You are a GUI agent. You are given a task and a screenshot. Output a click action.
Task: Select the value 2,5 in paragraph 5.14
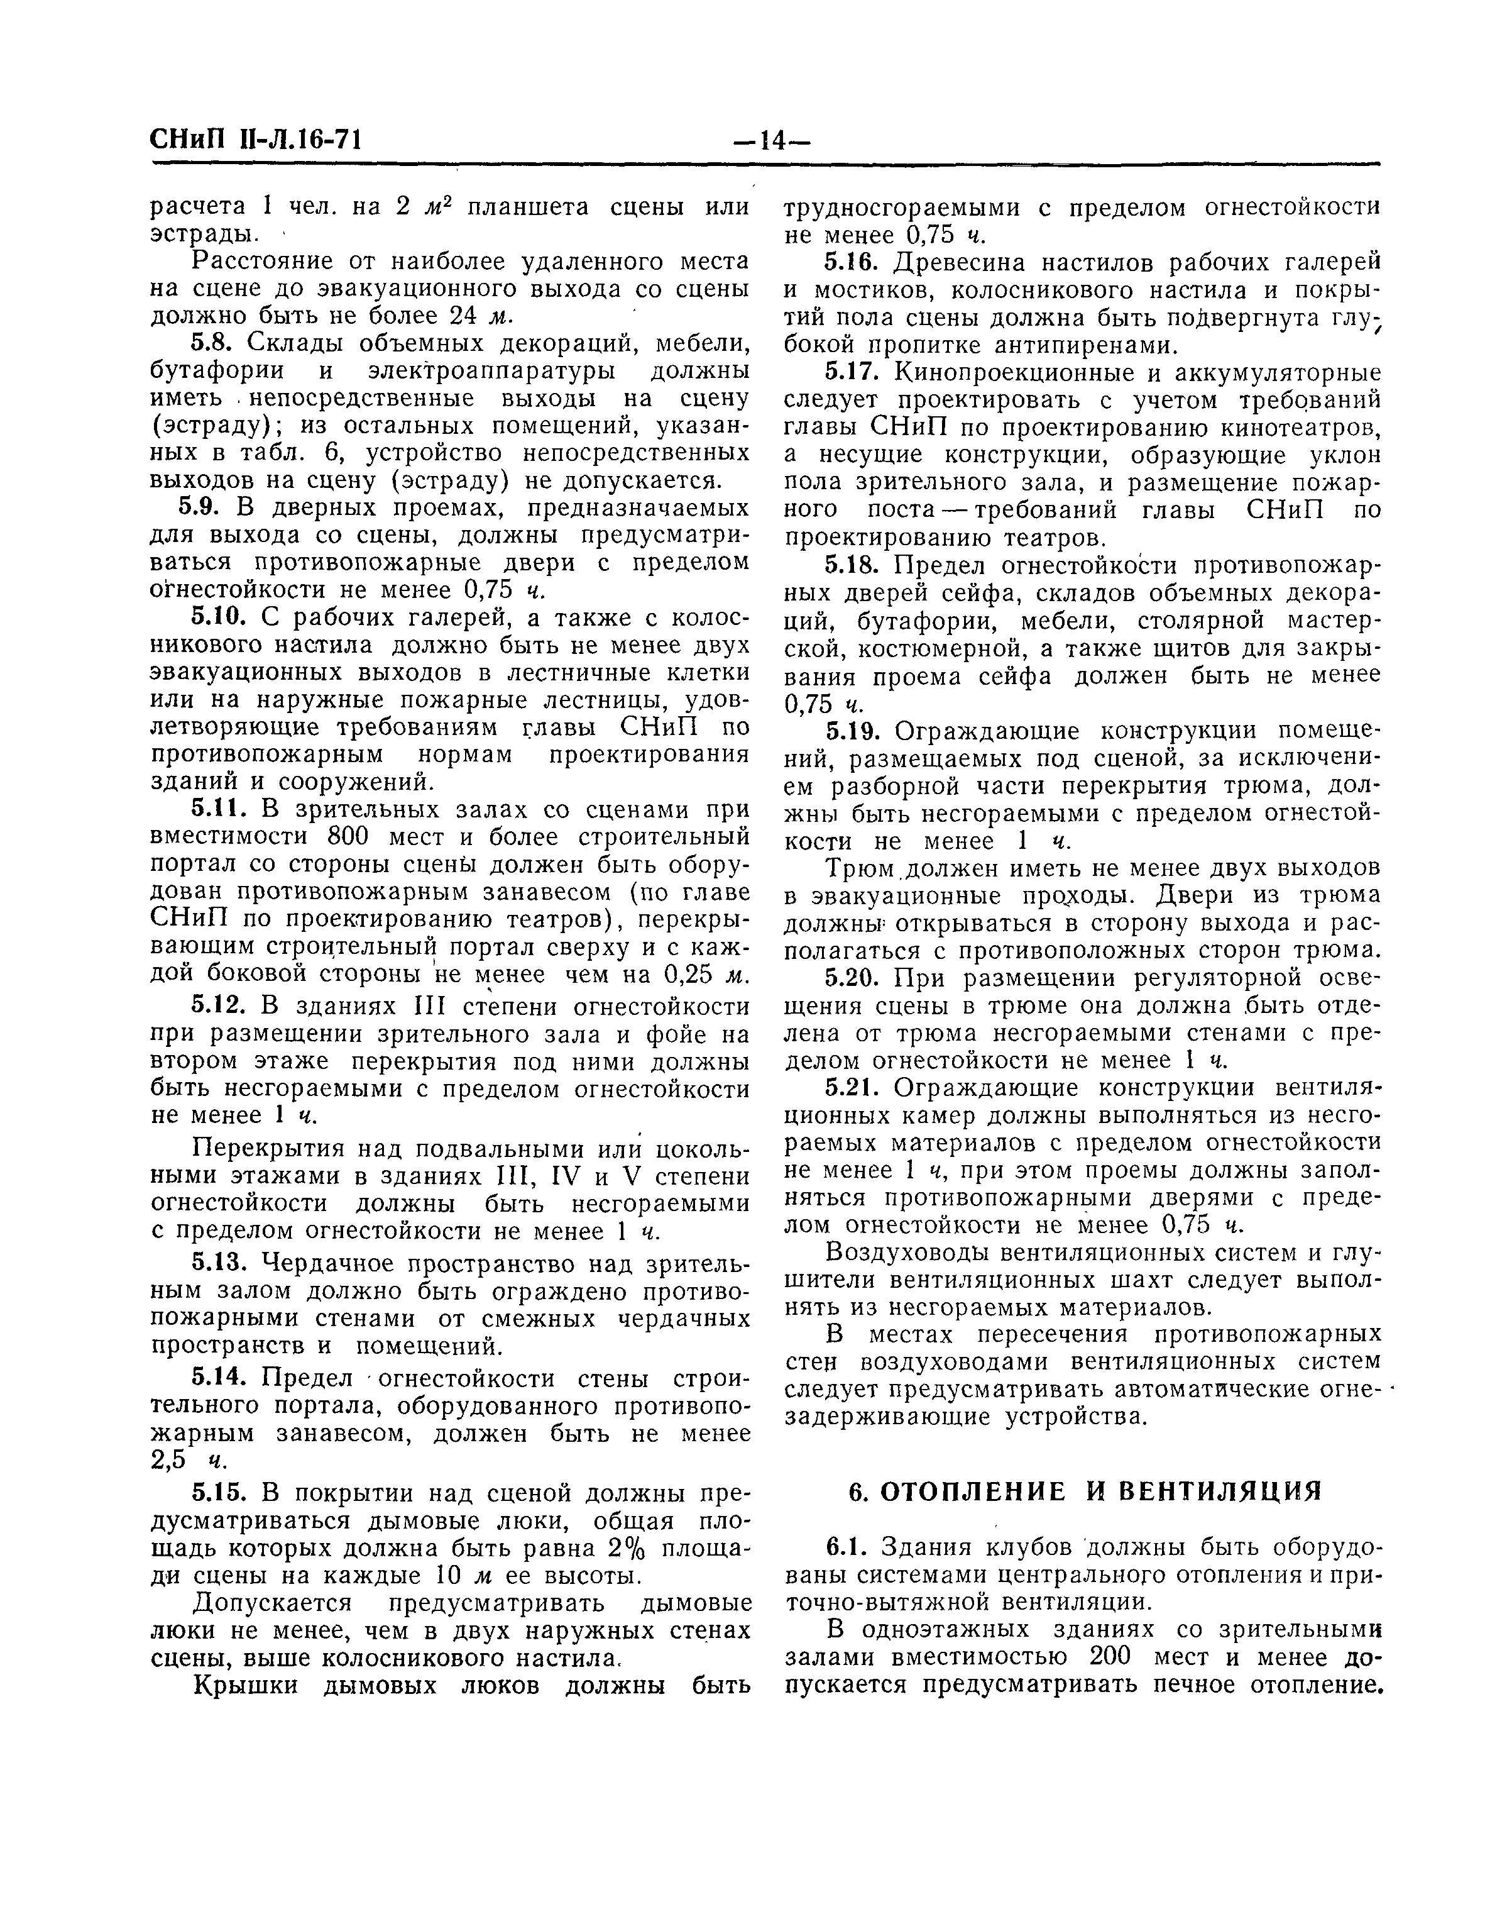point(172,1461)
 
